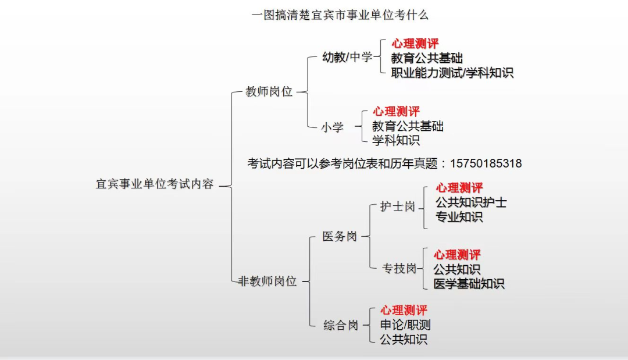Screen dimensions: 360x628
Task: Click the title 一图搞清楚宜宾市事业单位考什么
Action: [340, 15]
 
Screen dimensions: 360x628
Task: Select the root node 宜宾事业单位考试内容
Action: [155, 184]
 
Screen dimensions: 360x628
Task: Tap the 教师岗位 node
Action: [269, 91]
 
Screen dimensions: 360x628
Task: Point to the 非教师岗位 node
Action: [267, 281]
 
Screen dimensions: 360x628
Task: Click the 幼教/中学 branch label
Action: [347, 57]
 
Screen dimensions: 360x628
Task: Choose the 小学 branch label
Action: [332, 127]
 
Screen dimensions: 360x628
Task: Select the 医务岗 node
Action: [340, 236]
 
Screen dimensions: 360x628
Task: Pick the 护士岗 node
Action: [397, 206]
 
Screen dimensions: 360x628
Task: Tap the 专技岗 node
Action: [399, 268]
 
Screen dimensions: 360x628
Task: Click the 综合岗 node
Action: [341, 325]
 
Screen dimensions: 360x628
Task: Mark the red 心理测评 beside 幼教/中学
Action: [415, 44]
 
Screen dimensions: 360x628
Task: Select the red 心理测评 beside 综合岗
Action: [404, 311]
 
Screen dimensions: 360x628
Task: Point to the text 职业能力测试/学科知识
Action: [452, 73]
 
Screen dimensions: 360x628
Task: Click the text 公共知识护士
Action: [471, 202]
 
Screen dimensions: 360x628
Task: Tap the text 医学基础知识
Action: [469, 284]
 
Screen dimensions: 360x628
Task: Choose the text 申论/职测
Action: [405, 325]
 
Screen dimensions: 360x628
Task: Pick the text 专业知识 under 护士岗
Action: [459, 217]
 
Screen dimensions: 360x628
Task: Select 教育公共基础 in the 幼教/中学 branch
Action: [427, 58]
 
